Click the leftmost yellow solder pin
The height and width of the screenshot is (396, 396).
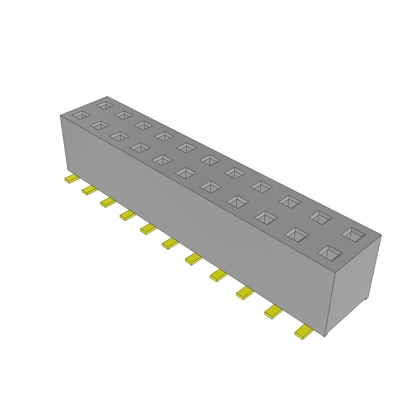coord(72,179)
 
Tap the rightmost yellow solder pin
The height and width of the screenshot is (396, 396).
coord(304,332)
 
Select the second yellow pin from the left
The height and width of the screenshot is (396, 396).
coord(89,190)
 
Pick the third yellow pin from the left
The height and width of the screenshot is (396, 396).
coord(108,202)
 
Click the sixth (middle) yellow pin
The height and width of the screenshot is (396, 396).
coord(170,243)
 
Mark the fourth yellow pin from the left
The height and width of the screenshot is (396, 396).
coord(128,215)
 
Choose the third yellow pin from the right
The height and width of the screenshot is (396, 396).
coord(245,293)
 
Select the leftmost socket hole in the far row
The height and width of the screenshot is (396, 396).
coord(105,105)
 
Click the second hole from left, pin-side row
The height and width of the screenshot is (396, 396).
coord(100,125)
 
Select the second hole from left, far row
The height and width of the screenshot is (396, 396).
coord(124,115)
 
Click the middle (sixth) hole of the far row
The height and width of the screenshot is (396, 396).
coord(210,160)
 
